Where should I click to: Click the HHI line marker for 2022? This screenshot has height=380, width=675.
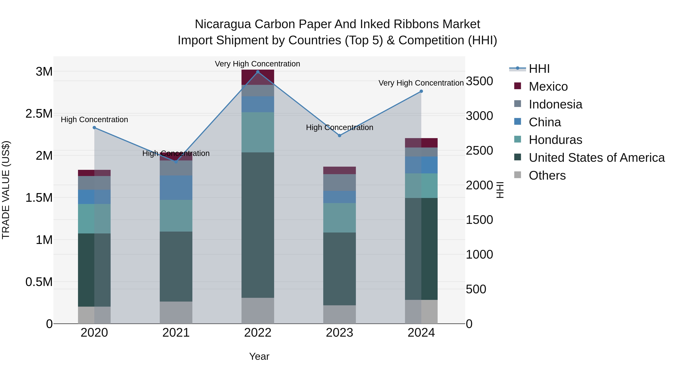click(x=258, y=72)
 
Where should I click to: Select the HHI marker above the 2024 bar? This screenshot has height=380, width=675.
click(x=421, y=91)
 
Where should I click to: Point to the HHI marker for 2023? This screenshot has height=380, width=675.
click(x=339, y=136)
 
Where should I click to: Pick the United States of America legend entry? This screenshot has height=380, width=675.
click(x=596, y=158)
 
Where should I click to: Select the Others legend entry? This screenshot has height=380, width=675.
click(x=547, y=175)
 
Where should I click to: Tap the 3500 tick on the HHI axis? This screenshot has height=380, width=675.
click(x=479, y=81)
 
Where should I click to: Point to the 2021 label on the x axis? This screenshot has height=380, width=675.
click(x=176, y=333)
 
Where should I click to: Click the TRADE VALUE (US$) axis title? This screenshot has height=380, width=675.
click(x=6, y=190)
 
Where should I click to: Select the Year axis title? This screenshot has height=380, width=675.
click(x=259, y=356)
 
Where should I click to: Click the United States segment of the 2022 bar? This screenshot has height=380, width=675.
click(x=258, y=225)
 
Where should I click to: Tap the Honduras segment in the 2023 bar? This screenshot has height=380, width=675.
click(x=339, y=218)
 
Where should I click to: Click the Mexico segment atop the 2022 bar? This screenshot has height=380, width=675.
click(x=258, y=77)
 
